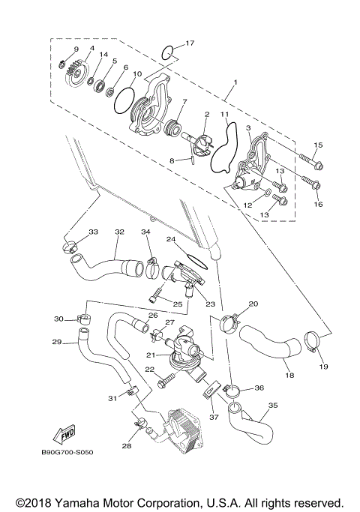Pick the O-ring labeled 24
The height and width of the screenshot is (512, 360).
(x=195, y=260)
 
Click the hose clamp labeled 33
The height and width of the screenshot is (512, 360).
(x=70, y=245)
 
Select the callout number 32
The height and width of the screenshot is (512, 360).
(x=118, y=232)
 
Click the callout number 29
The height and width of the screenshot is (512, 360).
(x=56, y=342)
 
